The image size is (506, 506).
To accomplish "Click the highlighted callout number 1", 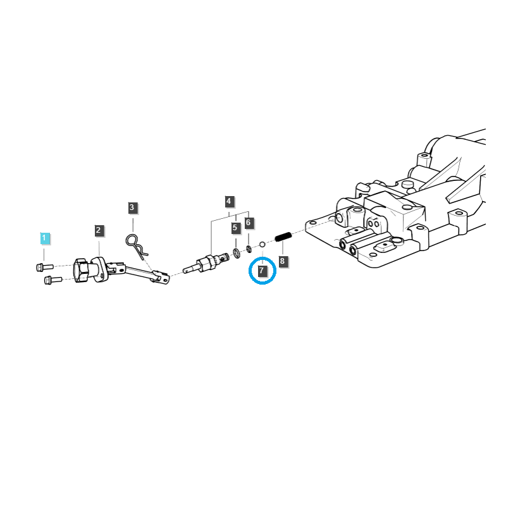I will click(x=44, y=238).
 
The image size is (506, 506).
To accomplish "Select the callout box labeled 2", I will click(x=99, y=230).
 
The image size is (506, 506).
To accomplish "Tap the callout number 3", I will click(x=132, y=207).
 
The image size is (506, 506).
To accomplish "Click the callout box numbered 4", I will click(x=228, y=202).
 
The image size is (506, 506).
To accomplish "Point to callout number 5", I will click(x=235, y=227).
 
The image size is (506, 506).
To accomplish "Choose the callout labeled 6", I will click(x=249, y=222).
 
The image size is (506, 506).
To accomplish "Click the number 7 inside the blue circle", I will click(x=262, y=271).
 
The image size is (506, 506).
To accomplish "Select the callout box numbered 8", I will click(x=283, y=260).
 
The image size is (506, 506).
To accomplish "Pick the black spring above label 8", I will click(x=283, y=238).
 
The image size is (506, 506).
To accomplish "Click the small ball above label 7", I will click(x=262, y=244).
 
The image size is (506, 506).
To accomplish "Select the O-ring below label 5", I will click(x=236, y=254).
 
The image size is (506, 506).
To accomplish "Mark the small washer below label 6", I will click(x=249, y=248).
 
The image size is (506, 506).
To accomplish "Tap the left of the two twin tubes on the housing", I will click(x=345, y=244).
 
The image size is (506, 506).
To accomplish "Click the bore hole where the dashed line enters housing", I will click(x=340, y=218).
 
